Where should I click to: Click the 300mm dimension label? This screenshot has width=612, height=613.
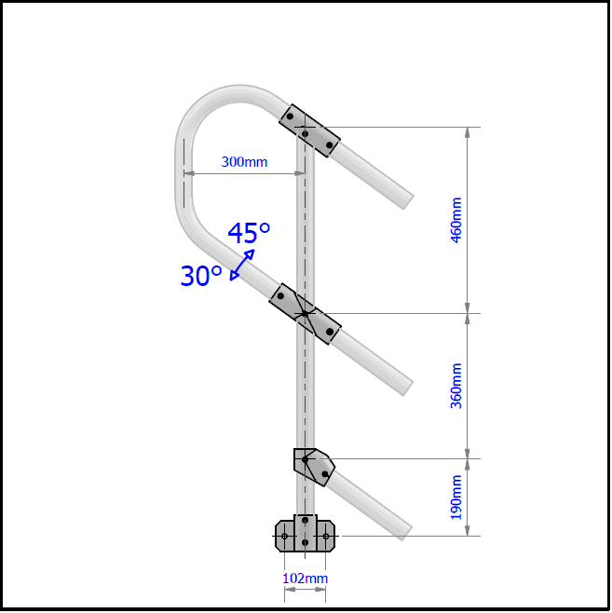pyautogui.click(x=244, y=162)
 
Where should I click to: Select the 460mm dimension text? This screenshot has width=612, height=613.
pyautogui.click(x=456, y=219)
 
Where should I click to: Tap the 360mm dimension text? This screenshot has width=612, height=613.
pyautogui.click(x=456, y=385)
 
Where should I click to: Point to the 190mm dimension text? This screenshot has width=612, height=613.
pyautogui.click(x=456, y=497)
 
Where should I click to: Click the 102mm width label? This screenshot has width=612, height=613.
pyautogui.click(x=305, y=579)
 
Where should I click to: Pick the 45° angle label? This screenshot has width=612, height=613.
pyautogui.click(x=250, y=233)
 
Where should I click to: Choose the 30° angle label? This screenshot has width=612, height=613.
pyautogui.click(x=200, y=276)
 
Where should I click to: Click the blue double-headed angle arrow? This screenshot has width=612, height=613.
pyautogui.click(x=240, y=265)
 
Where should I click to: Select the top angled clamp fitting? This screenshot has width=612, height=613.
pyautogui.click(x=310, y=129)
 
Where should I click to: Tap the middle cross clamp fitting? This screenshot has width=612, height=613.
pyautogui.click(x=305, y=314)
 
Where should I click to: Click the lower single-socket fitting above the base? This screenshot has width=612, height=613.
pyautogui.click(x=314, y=466)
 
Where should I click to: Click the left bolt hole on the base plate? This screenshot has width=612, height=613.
pyautogui.click(x=284, y=536)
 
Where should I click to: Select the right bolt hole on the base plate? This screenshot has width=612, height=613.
pyautogui.click(x=325, y=536)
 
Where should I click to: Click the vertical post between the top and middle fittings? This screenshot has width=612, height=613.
pyautogui.click(x=305, y=224)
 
